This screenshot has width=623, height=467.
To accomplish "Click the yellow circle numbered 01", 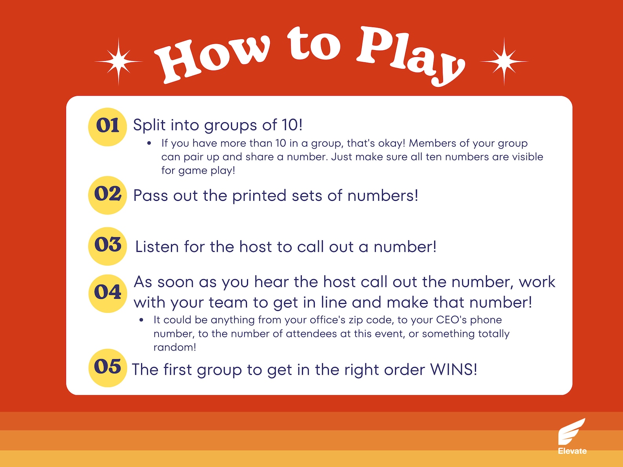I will point(107,127).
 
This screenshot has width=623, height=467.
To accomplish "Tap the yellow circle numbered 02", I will point(107,195).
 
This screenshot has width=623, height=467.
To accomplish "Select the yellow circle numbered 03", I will point(107,246).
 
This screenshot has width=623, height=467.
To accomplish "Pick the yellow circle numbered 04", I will point(107,293).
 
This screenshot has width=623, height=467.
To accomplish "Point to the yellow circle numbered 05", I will point(107,367).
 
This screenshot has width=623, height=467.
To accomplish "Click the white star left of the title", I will point(118,62).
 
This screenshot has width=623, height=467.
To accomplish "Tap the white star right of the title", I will point(504,62).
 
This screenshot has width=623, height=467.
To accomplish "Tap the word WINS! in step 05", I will point(454,369).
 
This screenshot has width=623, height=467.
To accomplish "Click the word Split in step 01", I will point(149,125).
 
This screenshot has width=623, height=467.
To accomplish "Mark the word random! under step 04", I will point(175,347).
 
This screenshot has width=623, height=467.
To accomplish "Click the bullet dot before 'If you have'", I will point(149,144).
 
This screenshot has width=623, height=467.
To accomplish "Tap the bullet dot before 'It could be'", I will point(141,320).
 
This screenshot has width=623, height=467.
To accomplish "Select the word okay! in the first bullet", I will point(392,144).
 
